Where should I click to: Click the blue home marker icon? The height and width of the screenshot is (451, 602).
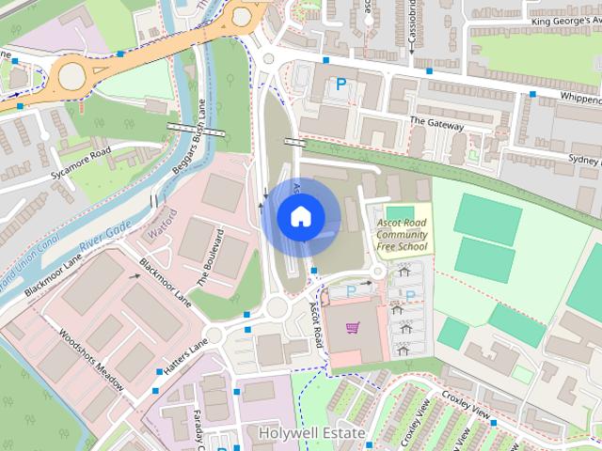[300, 216]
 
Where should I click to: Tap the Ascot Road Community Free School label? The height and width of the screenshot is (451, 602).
[402, 235]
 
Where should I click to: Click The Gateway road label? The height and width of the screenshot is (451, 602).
[436, 124]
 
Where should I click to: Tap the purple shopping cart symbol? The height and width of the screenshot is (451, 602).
[352, 328]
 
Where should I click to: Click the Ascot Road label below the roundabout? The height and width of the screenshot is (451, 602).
[318, 322]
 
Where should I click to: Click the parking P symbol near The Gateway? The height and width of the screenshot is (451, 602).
[341, 85]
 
